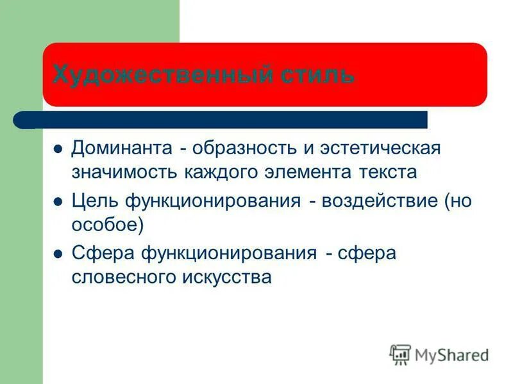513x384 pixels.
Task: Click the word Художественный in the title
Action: (163, 76)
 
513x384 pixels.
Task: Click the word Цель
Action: (94, 201)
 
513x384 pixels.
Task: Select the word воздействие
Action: (380, 201)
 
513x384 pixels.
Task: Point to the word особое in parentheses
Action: (104, 225)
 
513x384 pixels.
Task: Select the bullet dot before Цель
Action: (57, 202)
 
